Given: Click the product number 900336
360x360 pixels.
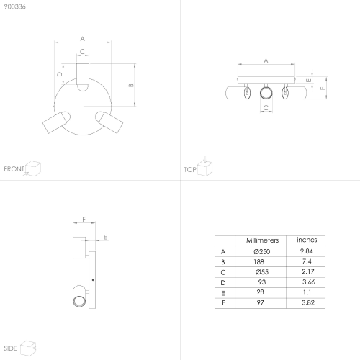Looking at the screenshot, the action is pos(14,6).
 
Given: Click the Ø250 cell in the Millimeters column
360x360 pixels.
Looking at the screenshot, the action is pos(262,251).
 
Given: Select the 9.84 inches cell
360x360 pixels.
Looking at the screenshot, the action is pos(307,251).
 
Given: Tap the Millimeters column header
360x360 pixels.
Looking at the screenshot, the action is pos(262,240).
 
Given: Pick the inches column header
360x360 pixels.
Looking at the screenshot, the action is pos(307,240).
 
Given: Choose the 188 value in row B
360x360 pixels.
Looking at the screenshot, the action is pos(258,262).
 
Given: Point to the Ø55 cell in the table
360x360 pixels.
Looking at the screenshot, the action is pos(262,272).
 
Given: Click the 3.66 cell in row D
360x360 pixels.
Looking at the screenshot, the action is pos(309,282).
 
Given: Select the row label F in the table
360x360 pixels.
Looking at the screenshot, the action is pos(223,303).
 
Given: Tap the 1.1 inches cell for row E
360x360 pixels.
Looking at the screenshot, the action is pos(307,292).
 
